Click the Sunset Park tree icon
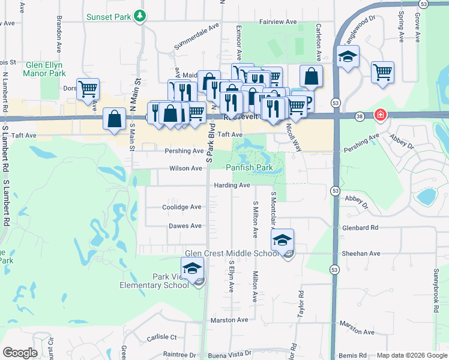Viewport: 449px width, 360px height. point(140,16)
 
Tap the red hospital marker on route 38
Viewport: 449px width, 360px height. point(379,115)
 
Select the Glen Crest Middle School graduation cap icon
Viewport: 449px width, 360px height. point(282,240)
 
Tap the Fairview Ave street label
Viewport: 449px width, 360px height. point(278,22)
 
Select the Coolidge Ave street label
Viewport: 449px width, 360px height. point(182,207)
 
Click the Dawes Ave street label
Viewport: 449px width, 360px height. point(185,226)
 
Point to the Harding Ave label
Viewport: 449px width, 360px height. point(232,185)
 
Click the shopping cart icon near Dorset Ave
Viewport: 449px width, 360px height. point(88,89)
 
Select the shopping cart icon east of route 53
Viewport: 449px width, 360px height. point(382,72)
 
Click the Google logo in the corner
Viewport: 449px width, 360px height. point(20,353)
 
